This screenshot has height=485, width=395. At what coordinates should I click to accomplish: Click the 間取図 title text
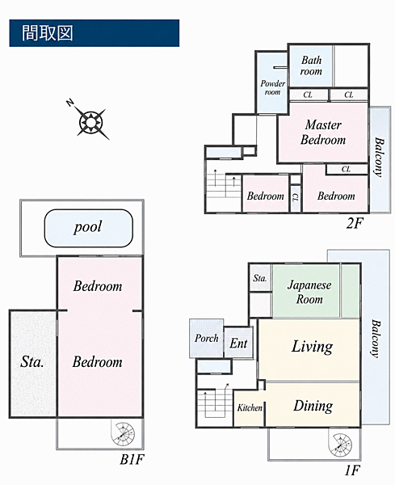(48, 33)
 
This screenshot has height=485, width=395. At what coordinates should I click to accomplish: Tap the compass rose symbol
(90, 121)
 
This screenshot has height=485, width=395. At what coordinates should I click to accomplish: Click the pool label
(88, 227)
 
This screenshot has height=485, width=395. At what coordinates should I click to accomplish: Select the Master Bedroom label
(323, 133)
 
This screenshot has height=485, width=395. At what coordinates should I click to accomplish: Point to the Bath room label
(311, 65)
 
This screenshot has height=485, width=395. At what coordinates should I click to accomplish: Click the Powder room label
(272, 87)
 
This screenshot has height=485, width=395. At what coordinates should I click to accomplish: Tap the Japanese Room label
(309, 292)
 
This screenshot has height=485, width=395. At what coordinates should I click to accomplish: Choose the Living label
(312, 347)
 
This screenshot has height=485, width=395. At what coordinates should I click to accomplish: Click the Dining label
(313, 406)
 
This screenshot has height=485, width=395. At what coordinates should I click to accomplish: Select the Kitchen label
(250, 407)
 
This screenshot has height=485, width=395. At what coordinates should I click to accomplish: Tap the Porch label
(206, 338)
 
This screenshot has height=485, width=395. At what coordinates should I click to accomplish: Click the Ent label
(238, 344)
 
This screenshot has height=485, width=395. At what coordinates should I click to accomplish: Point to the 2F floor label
(354, 223)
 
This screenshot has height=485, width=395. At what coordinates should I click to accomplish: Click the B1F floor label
(132, 459)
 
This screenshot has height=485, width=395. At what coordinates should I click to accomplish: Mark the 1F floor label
(352, 470)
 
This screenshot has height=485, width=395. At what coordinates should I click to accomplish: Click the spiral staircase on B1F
(124, 433)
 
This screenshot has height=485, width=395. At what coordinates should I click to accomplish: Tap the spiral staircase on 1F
(340, 445)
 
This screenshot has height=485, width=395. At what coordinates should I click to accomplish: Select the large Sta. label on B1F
(32, 361)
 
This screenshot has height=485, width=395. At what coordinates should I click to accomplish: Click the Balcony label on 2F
(379, 157)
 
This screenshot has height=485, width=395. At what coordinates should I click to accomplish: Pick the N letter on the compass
(70, 103)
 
